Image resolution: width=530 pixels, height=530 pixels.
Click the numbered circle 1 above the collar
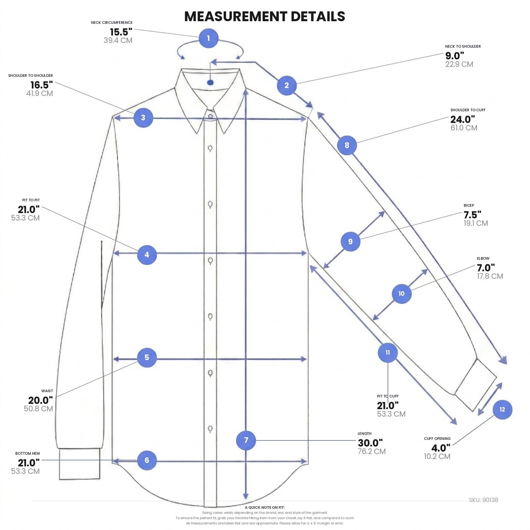pos(208,38)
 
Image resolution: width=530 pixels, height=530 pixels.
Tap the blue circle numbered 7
pos(246,440)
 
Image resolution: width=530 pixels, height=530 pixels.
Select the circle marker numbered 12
pos(502,409)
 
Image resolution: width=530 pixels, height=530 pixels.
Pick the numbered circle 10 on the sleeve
pos(401,293)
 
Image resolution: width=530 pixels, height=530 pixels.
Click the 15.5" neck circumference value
pos(121,32)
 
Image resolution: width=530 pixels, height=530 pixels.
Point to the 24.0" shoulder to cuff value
pos(462,119)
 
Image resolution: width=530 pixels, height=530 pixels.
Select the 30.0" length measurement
pos(370,443)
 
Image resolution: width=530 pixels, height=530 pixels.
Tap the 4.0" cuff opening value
pos(441,448)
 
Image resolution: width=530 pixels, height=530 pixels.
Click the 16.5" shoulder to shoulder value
pos(42,85)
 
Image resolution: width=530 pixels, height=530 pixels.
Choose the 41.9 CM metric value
pos(40,93)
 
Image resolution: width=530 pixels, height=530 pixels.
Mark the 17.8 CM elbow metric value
pos(490,276)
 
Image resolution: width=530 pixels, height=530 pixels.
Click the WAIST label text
pos(47,391)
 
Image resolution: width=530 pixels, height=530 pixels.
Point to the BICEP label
pos(469,205)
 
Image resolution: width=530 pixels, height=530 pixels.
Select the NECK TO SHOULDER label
pos(463,46)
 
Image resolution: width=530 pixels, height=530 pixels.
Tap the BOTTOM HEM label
pos(27,453)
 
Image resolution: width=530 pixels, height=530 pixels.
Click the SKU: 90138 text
pos(483,500)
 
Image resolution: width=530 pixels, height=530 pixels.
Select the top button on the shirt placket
pos(210,116)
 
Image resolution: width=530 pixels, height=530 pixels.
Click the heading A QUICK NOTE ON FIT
pos(265,507)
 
